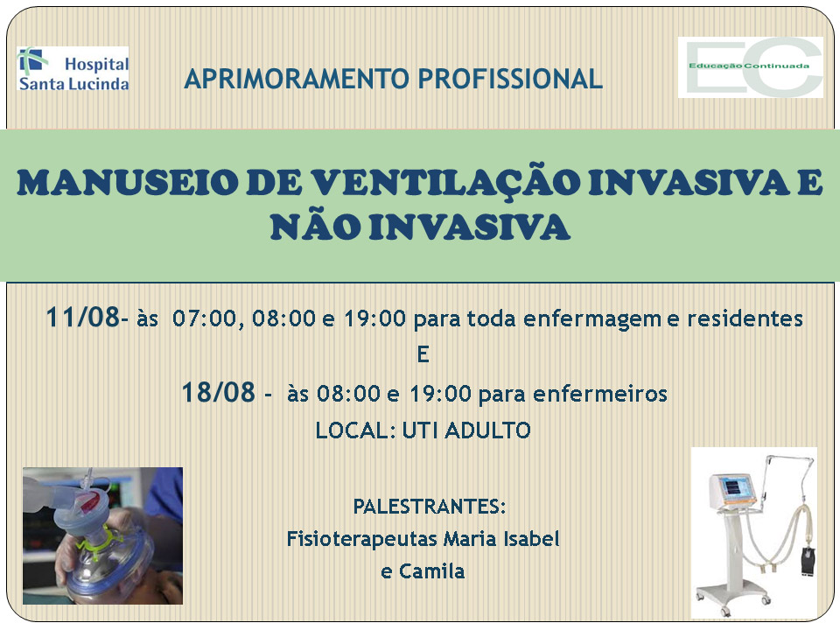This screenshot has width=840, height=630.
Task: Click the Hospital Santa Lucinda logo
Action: tap(73, 69)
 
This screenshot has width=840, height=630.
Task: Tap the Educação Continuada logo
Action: tap(751, 67)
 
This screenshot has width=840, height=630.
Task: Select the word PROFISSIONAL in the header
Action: tap(510, 79)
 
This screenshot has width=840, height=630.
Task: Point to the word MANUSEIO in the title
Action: tap(127, 183)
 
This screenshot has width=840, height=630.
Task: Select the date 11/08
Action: tap(83, 317)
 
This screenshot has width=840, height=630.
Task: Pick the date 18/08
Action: tap(218, 392)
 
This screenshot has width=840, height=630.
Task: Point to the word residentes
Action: tap(745, 318)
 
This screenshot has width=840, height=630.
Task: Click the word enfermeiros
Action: tap(600, 394)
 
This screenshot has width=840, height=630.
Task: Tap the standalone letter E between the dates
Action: tap(423, 354)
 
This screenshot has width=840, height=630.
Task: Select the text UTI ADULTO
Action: tap(466, 430)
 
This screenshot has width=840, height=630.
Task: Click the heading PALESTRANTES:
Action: tap(430, 507)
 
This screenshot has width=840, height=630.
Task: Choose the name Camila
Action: tap(431, 571)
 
